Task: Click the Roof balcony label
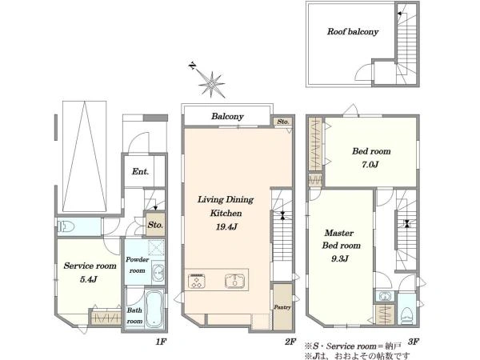353,31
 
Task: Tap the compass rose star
211,83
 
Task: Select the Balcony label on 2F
227,116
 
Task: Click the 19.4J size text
226,227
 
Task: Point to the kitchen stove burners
197,281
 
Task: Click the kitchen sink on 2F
234,281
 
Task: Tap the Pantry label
282,307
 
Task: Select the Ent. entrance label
140,171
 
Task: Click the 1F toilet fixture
66,227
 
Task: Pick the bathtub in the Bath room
154,310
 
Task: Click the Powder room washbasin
158,271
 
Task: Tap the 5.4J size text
89,279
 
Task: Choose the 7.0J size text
370,165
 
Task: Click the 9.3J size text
340,259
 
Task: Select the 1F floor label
161,342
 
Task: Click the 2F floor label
290,342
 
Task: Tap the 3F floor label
414,342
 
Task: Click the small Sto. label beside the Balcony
283,122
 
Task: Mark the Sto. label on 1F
155,225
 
